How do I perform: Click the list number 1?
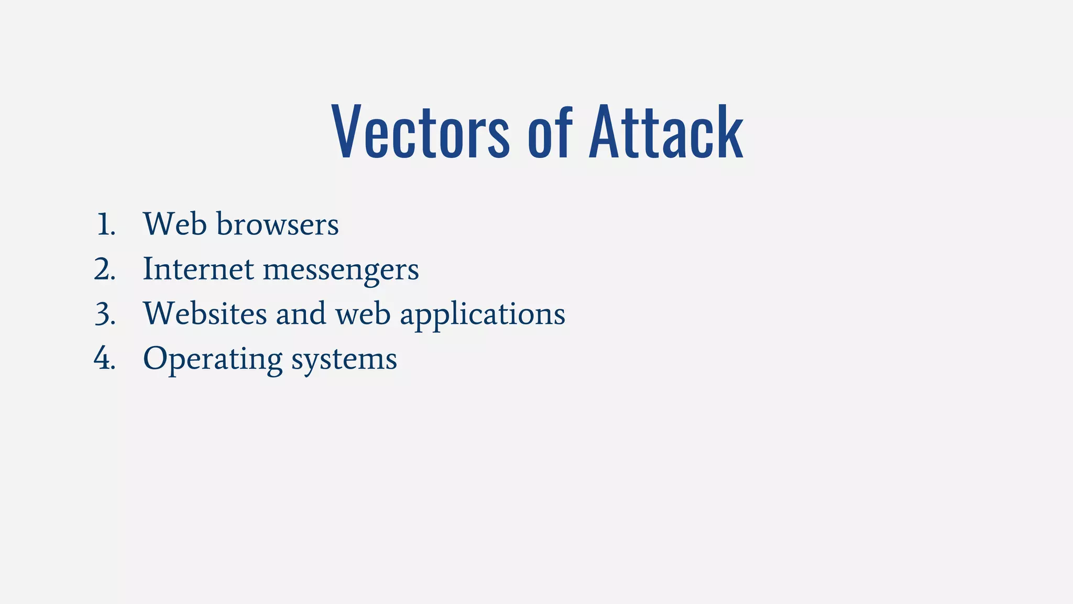pos(105,224)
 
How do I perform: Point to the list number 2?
pos(105,269)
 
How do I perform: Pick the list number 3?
pos(105,315)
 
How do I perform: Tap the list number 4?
pos(104,359)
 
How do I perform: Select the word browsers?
pos(277,224)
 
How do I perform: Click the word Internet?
pos(199,269)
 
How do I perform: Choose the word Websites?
pos(205,314)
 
